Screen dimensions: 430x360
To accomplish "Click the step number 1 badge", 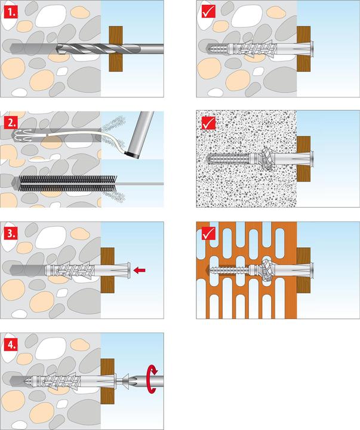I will [x=11, y=11].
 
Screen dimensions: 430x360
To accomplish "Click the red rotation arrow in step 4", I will [x=154, y=380].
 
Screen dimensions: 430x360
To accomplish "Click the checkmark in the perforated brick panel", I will [x=208, y=234].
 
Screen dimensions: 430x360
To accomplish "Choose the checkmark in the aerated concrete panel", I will [x=208, y=124].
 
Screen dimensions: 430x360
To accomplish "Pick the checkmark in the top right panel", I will [x=208, y=11].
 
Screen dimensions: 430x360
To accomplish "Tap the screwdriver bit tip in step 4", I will [x=130, y=380].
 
